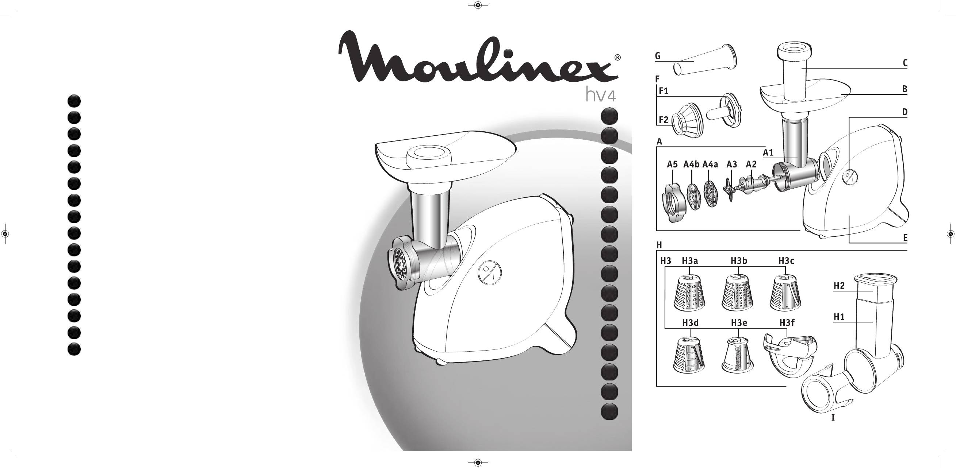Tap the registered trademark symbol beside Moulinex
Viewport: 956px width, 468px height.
point(617,58)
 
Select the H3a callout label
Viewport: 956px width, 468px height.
point(690,261)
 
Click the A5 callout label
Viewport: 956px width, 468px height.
point(673,164)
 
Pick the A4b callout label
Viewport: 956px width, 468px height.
point(691,164)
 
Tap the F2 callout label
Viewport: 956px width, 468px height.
point(664,120)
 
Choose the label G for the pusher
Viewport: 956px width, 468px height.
point(658,56)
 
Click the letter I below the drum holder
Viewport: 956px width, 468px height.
point(833,418)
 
